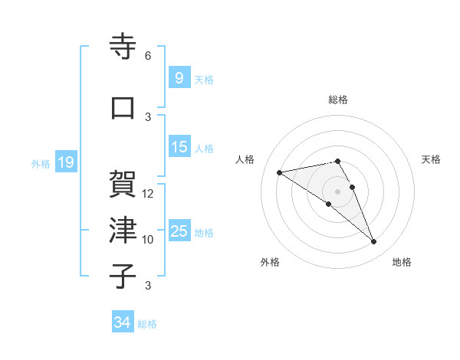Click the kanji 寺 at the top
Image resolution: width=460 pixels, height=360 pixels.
[x=123, y=47]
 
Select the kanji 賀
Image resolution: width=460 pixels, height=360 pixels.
[x=123, y=183]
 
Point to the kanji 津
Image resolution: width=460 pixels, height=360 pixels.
[x=123, y=229]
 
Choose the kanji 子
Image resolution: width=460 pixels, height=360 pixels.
[x=123, y=275]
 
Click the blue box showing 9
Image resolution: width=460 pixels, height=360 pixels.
[x=178, y=77]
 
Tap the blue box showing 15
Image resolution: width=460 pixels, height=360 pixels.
[x=179, y=147]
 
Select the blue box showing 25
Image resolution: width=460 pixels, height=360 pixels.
[x=179, y=231]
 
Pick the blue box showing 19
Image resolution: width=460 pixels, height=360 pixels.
[x=65, y=162]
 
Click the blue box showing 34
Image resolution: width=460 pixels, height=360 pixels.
[x=122, y=322]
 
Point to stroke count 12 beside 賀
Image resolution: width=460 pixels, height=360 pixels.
[x=148, y=194]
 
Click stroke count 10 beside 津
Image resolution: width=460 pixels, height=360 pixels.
[x=148, y=240]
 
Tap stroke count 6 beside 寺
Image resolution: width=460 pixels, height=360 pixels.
[x=148, y=56]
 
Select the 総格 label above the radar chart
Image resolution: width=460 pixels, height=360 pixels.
[x=338, y=100]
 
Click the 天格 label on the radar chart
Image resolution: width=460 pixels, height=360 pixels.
[x=432, y=159]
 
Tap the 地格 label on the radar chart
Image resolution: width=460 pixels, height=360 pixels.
[x=402, y=263]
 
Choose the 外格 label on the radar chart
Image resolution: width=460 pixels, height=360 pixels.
[x=270, y=263]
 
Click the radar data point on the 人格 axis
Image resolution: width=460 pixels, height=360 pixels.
[x=280, y=172]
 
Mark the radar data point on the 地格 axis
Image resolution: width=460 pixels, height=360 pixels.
[x=373, y=242]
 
